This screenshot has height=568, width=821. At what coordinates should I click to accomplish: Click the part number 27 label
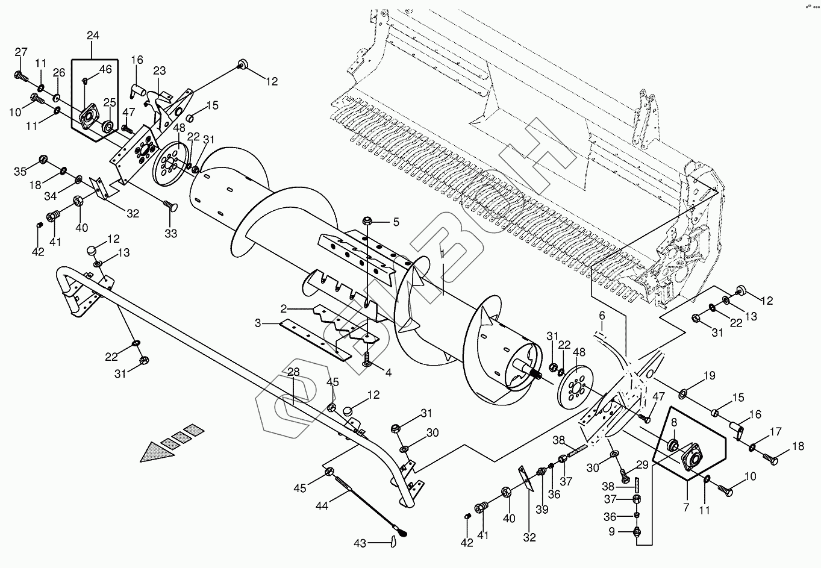point(21,52)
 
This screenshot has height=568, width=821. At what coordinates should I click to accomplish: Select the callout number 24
point(93,36)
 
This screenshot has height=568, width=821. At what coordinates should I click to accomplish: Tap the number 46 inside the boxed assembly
point(105,70)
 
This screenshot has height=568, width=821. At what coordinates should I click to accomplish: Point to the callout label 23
point(159,70)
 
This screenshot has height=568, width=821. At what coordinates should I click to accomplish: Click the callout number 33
point(171,233)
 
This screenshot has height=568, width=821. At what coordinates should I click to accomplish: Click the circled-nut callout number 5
point(396,222)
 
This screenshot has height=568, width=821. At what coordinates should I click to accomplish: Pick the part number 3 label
point(258,323)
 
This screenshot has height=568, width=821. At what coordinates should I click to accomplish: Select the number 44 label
point(322,506)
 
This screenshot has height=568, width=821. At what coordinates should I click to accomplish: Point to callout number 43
point(360,543)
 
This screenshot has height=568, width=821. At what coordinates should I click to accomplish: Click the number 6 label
point(601,316)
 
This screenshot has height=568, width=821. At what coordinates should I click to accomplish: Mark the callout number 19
point(710,376)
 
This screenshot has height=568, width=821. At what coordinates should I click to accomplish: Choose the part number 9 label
point(612,531)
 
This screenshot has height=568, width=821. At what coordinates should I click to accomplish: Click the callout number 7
point(686,508)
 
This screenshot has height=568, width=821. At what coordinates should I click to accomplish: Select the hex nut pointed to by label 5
point(366,222)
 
